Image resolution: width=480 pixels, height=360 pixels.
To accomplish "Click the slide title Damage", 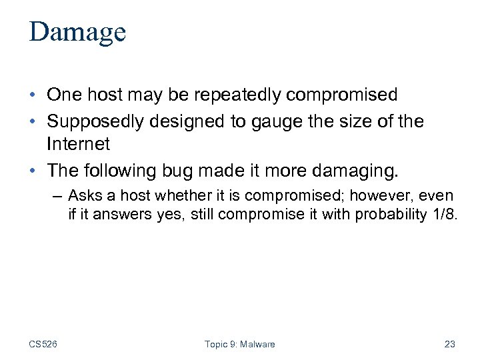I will [x=77, y=33].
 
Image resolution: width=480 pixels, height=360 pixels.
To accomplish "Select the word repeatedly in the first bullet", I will [x=234, y=95].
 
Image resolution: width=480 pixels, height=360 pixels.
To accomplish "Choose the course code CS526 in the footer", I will [x=43, y=344].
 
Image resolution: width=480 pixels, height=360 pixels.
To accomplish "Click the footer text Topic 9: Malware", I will [x=239, y=344].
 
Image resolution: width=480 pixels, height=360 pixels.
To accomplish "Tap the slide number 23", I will [x=449, y=344].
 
